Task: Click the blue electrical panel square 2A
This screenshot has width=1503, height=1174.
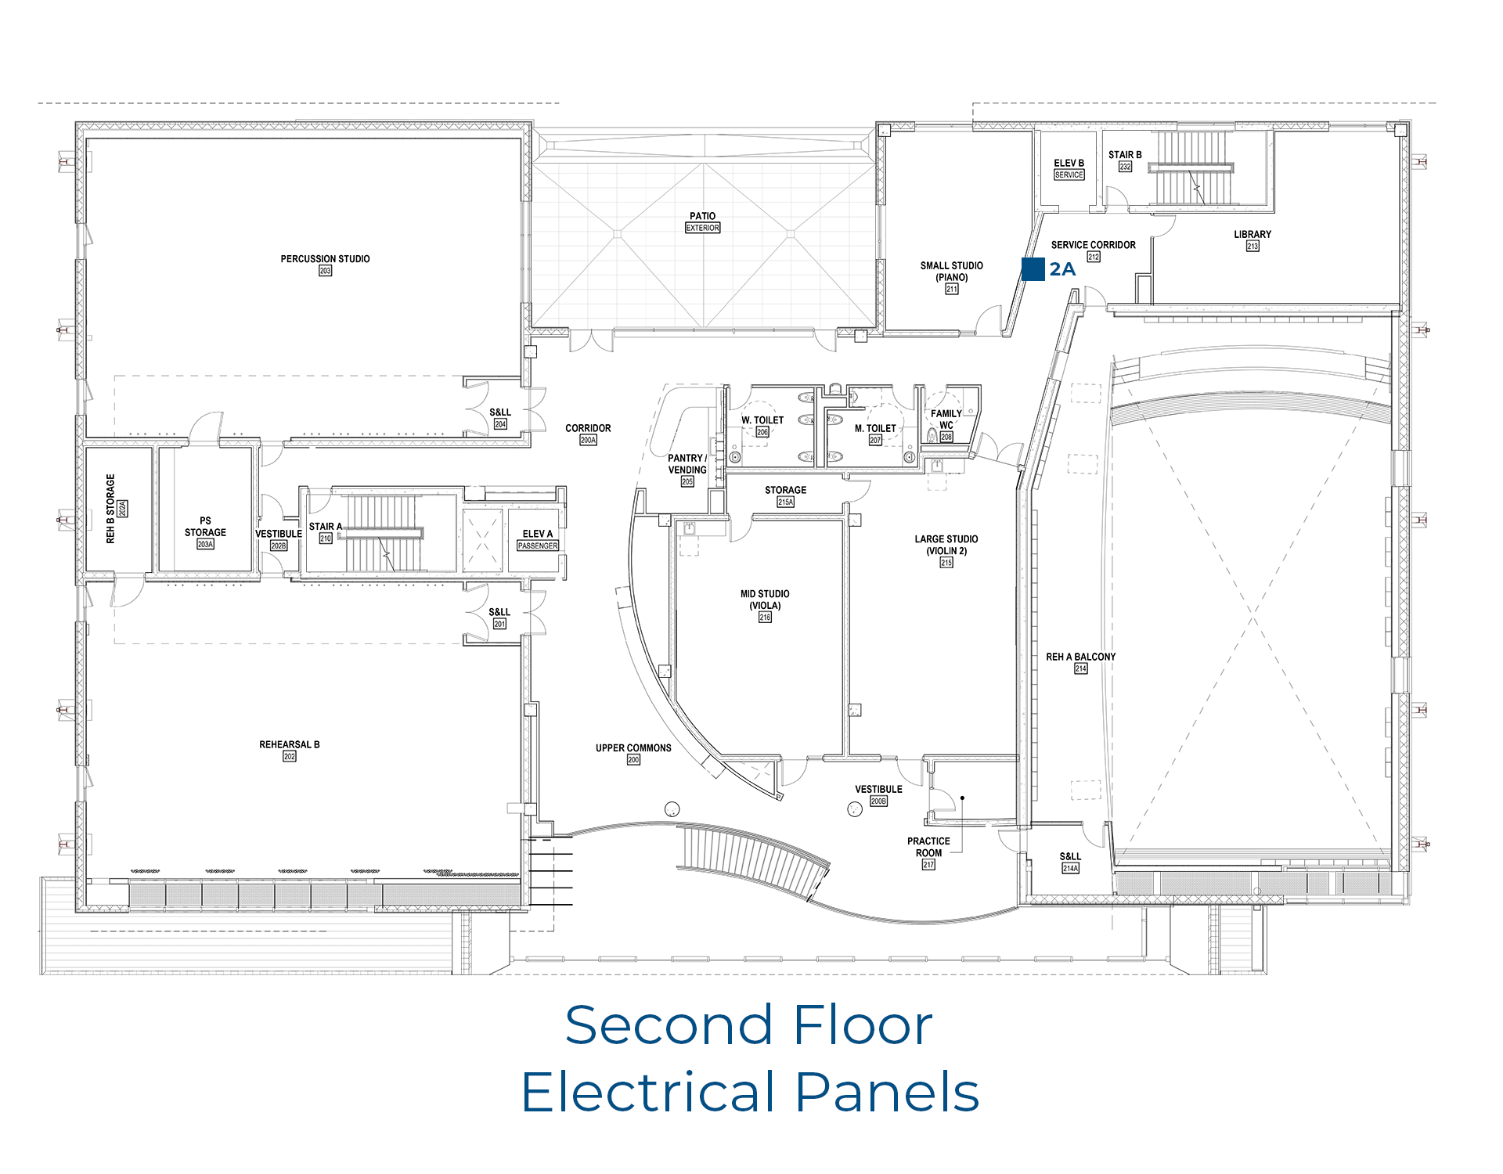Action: pyautogui.click(x=1033, y=269)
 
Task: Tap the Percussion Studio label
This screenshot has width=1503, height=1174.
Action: pyautogui.click(x=325, y=259)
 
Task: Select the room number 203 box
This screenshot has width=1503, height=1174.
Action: pyautogui.click(x=325, y=271)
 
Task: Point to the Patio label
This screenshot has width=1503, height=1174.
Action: pyautogui.click(x=702, y=216)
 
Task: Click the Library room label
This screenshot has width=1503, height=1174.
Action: pyautogui.click(x=1252, y=235)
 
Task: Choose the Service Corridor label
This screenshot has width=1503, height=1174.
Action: pyautogui.click(x=1093, y=245)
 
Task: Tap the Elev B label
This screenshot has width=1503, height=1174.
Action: pyautogui.click(x=1069, y=164)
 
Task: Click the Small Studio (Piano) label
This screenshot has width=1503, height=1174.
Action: pyautogui.click(x=951, y=272)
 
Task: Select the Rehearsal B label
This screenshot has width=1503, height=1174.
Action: pyautogui.click(x=290, y=745)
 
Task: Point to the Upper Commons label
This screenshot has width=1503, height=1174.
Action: pyautogui.click(x=633, y=748)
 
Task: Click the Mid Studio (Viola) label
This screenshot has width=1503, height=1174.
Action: pyautogui.click(x=765, y=600)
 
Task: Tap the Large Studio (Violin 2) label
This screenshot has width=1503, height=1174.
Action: pyautogui.click(x=946, y=545)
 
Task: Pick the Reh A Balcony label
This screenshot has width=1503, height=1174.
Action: pyautogui.click(x=1080, y=657)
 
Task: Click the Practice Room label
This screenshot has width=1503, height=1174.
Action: pyautogui.click(x=928, y=847)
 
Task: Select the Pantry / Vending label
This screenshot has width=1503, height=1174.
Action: pyautogui.click(x=687, y=464)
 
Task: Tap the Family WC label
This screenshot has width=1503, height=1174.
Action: pyautogui.click(x=946, y=420)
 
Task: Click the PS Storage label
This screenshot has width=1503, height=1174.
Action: pyautogui.click(x=205, y=527)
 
